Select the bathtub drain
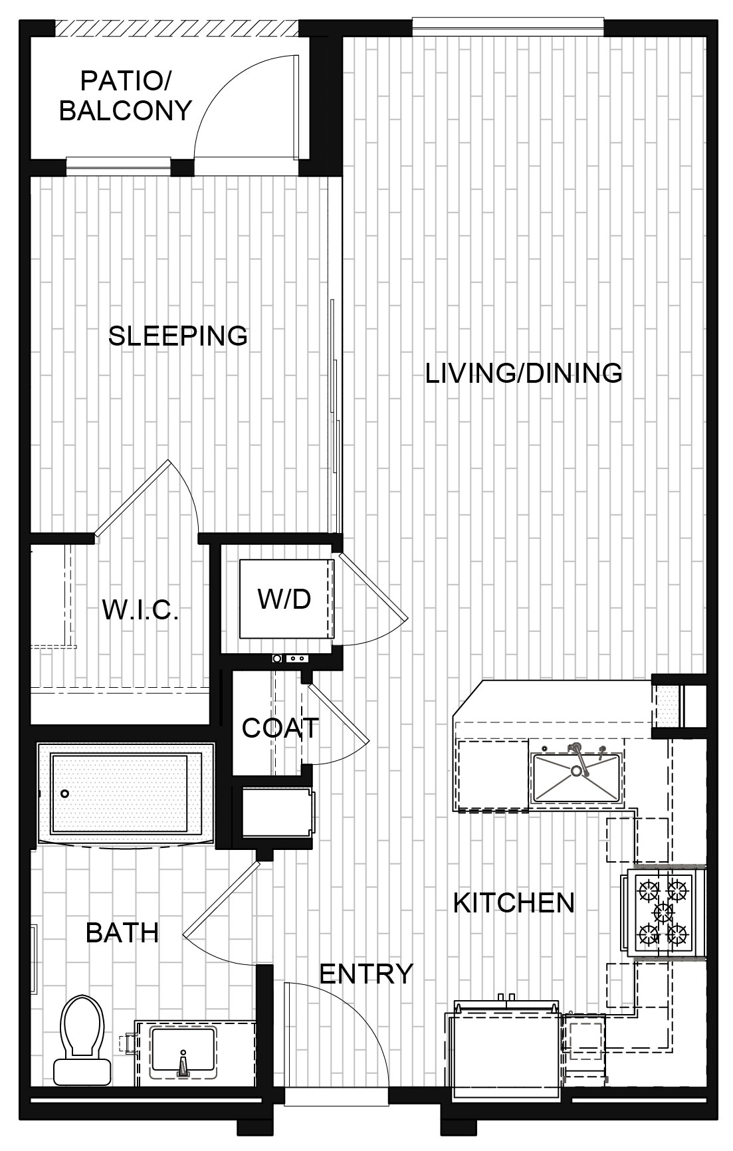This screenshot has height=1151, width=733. (x=65, y=793)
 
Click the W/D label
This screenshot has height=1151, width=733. (x=284, y=599)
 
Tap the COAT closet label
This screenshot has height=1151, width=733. (x=280, y=728)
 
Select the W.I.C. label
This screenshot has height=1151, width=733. (x=140, y=609)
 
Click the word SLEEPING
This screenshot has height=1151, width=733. (x=178, y=336)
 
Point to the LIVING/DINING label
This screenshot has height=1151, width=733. (x=524, y=373)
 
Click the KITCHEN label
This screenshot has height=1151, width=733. (x=514, y=902)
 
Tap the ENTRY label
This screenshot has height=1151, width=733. (x=366, y=974)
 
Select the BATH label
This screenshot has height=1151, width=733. (x=122, y=933)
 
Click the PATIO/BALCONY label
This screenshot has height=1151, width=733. (x=126, y=96)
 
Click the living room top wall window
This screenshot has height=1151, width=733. (x=508, y=26)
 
